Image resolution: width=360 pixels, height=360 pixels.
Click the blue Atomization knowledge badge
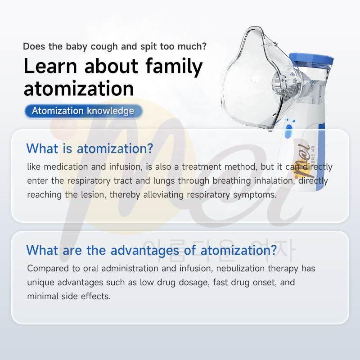click(83, 111)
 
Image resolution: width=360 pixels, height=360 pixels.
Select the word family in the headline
click(174, 66)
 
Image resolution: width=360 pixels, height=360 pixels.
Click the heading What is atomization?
click(90, 148)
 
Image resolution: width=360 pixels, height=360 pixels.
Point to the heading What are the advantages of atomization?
click(152, 250)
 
